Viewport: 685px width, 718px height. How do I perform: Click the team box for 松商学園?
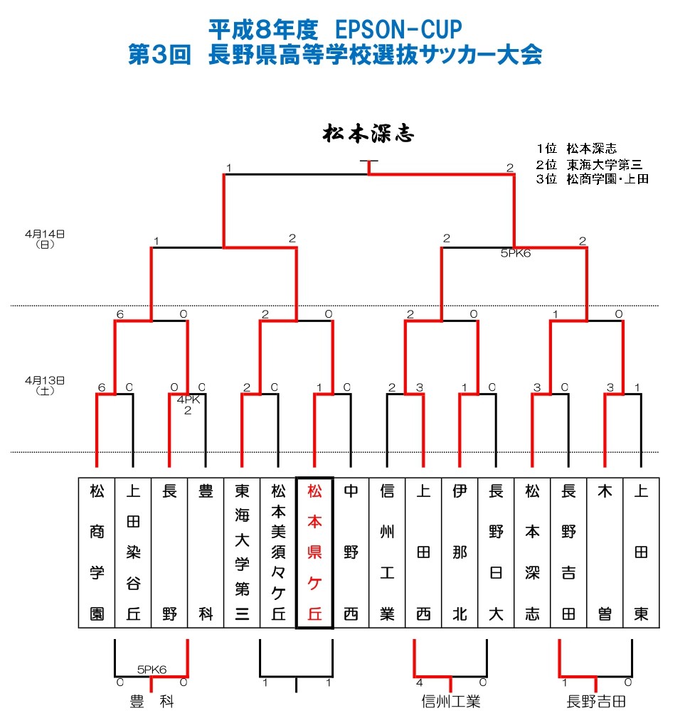[97, 552]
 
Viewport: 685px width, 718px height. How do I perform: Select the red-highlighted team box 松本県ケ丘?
[314, 552]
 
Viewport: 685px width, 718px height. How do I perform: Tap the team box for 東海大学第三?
[242, 552]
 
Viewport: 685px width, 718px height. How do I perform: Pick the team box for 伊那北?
[460, 552]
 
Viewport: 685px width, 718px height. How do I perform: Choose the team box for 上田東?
[641, 552]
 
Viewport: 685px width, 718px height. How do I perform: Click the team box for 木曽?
[605, 552]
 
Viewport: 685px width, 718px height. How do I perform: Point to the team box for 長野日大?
[496, 552]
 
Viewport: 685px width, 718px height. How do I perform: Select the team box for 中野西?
[351, 552]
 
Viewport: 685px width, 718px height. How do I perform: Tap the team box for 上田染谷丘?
[133, 552]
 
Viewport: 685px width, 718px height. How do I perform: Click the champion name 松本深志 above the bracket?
[368, 134]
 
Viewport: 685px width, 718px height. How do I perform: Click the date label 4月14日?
[45, 233]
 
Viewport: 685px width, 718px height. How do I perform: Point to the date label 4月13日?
[45, 380]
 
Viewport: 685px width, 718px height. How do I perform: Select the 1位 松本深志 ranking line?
[577, 149]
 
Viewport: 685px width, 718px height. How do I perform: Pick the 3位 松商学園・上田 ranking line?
[592, 179]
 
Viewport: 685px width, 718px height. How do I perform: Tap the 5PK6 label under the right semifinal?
[516, 253]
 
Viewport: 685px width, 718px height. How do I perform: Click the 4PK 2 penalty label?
[188, 404]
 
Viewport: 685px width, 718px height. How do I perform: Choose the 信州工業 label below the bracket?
[451, 702]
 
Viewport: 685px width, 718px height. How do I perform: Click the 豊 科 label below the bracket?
[152, 702]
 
